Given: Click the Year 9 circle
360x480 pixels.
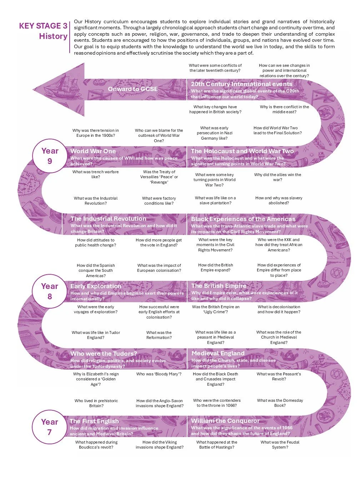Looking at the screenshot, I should [x=50, y=156].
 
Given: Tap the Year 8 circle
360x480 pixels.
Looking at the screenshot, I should [x=50, y=291].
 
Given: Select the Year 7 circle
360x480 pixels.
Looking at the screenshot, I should [x=50, y=427].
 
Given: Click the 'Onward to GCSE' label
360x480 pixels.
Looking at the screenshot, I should [x=132, y=89].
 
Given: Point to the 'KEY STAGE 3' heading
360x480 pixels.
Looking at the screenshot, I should [x=43, y=26].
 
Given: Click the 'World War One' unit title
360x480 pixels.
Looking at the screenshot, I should [x=93, y=151].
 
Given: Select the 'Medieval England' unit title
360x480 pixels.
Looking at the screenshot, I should [x=218, y=353].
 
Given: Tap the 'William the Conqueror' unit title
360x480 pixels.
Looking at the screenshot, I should [x=225, y=421].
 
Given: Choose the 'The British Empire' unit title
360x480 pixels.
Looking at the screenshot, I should [x=219, y=286].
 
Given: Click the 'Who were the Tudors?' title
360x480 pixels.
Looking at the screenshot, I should [x=104, y=354].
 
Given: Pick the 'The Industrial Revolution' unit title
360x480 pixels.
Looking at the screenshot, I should [x=108, y=219].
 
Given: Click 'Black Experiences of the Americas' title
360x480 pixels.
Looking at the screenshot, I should [x=243, y=219].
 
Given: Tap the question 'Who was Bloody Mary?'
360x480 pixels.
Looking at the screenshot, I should [x=159, y=374].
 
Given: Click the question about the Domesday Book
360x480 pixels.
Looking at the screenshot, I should [x=280, y=403].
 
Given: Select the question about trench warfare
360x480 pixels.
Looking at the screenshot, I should [x=95, y=174].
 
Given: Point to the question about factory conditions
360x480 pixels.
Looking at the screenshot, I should [x=159, y=201].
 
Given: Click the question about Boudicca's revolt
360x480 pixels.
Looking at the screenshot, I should [x=96, y=445].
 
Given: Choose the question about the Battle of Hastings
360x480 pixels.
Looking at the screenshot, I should [x=217, y=445].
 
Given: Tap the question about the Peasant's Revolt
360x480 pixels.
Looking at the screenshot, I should [x=279, y=376].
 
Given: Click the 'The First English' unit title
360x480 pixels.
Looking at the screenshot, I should [x=94, y=421].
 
